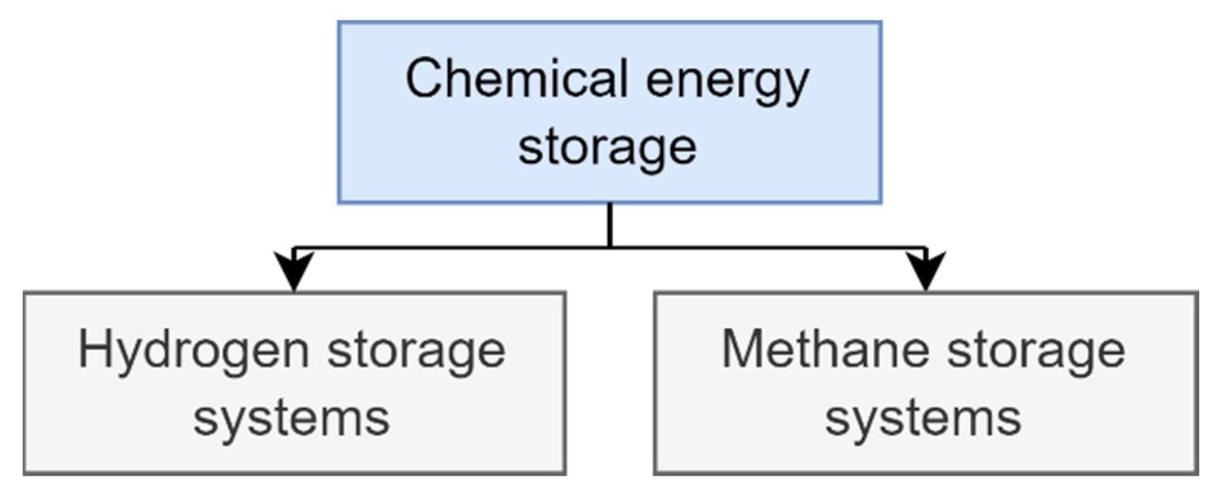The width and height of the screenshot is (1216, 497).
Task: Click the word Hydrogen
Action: [193, 352]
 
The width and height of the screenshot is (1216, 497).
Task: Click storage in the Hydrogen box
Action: [416, 353]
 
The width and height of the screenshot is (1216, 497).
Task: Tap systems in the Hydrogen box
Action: [292, 418]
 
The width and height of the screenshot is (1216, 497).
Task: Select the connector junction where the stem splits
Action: [609, 247]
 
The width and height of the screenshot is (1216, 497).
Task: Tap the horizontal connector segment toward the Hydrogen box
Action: [451, 248]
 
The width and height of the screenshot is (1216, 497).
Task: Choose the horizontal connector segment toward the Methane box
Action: [766, 248]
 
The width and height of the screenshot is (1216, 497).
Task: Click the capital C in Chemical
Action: [426, 79]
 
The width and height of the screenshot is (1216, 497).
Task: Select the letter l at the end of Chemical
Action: [624, 77]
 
